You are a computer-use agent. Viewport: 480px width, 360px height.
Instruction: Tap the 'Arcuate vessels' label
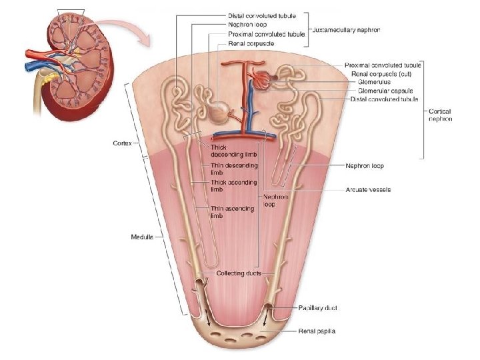(x=368, y=189)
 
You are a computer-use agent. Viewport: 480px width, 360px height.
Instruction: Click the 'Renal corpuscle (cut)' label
(x=377, y=73)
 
